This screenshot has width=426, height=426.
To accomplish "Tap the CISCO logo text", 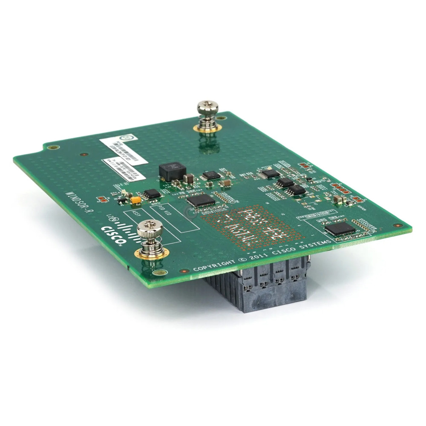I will click(x=112, y=236).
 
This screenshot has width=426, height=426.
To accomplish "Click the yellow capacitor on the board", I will click(x=136, y=199).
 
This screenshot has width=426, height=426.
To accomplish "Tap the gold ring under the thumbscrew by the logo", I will click(x=147, y=254).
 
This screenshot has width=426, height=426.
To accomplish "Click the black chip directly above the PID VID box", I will click(x=200, y=200).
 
